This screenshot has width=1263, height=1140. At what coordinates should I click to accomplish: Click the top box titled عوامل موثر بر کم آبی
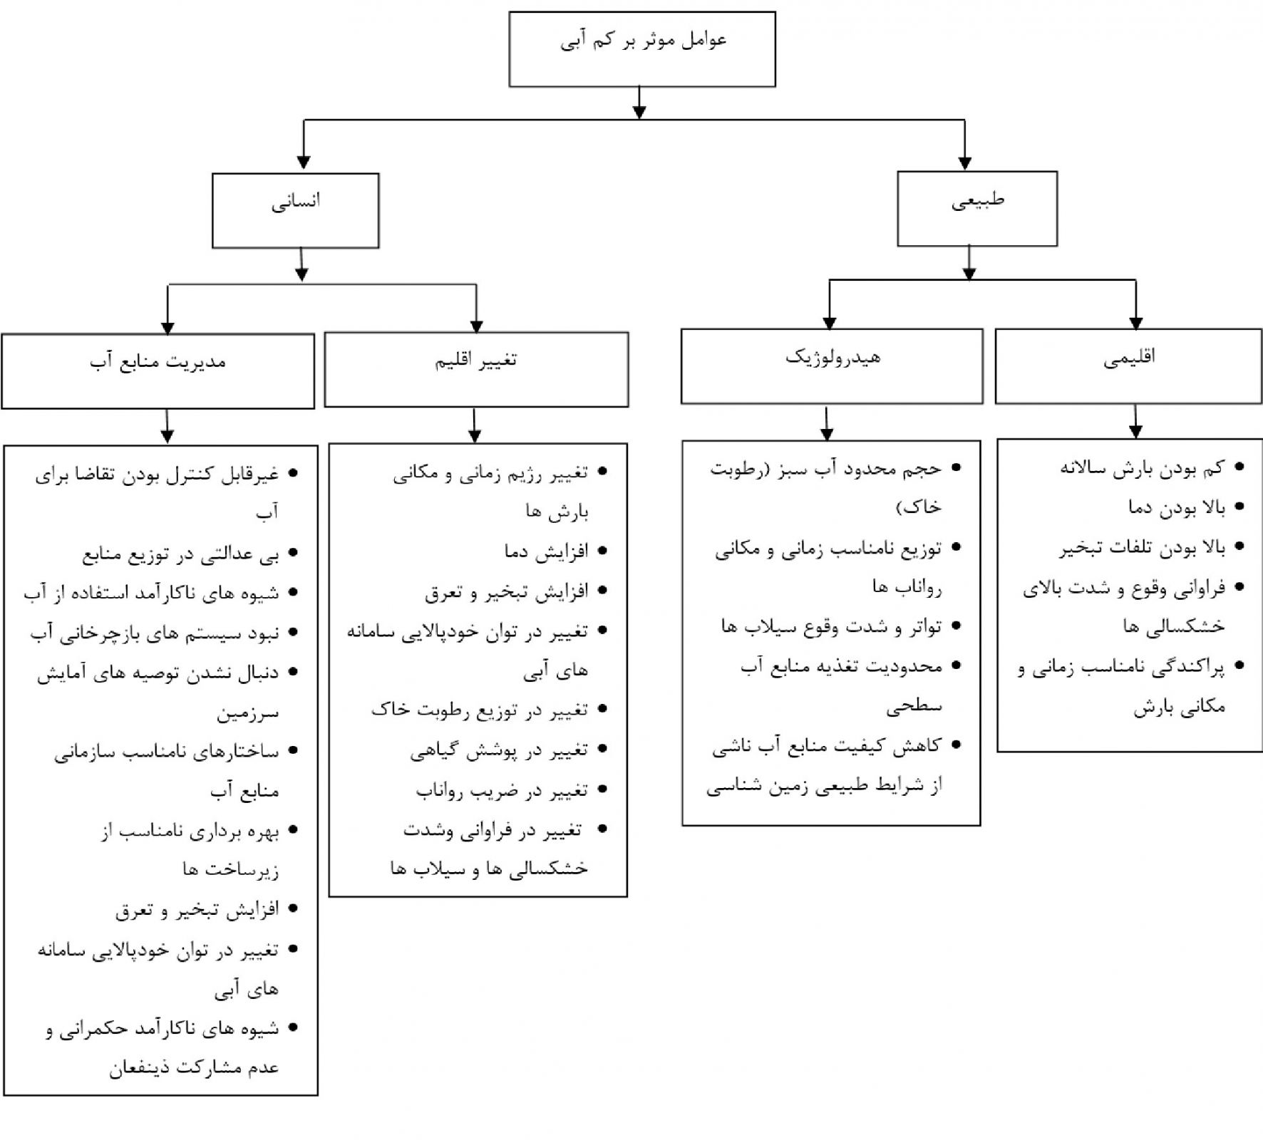pyautogui.click(x=641, y=49)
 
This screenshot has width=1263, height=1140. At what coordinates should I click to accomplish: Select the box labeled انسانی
pyautogui.click(x=295, y=210)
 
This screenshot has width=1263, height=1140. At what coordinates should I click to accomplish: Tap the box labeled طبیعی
pyautogui.click(x=976, y=209)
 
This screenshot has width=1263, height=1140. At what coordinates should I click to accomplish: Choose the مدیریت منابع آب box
pyautogui.click(x=158, y=371)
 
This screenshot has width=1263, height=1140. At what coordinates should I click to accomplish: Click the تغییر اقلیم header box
pyautogui.click(x=476, y=370)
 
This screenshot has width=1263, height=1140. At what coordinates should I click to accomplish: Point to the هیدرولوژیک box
pyautogui.click(x=832, y=366)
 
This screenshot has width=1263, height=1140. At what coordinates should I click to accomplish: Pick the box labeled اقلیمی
pyautogui.click(x=1128, y=366)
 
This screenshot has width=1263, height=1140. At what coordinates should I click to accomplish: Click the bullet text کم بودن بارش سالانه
pyautogui.click(x=1142, y=468)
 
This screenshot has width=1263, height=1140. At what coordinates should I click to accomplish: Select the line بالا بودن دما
pyautogui.click(x=1176, y=507)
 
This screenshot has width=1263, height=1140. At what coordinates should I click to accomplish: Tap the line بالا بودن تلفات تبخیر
pyautogui.click(x=1141, y=547)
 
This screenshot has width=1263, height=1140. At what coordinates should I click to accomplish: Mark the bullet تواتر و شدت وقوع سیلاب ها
pyautogui.click(x=831, y=627)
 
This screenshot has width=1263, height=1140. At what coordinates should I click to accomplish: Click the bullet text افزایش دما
pyautogui.click(x=546, y=551)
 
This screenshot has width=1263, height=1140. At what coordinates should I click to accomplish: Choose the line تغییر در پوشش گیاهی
pyautogui.click(x=499, y=750)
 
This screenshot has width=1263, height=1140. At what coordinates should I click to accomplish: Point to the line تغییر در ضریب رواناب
pyautogui.click(x=502, y=789)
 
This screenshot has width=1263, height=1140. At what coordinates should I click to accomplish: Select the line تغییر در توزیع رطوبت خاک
pyautogui.click(x=480, y=710)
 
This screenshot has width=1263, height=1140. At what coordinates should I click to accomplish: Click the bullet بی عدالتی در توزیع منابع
pyautogui.click(x=180, y=554)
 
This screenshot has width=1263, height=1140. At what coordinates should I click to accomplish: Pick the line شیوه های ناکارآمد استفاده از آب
pyautogui.click(x=151, y=594)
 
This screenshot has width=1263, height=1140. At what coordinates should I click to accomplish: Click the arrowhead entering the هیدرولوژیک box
pyautogui.click(x=829, y=322)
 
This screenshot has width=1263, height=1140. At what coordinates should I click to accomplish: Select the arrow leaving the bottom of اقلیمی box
pyautogui.click(x=1135, y=421)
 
